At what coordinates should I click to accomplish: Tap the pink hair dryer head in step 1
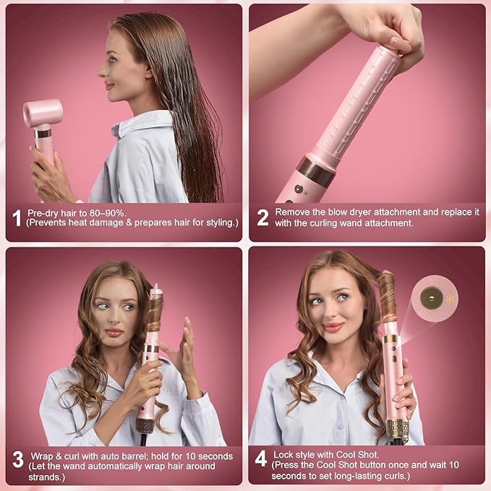[43, 114]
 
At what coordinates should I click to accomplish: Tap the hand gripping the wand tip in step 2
[390, 29]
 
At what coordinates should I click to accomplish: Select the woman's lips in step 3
[114, 332]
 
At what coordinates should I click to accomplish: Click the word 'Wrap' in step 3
[43, 456]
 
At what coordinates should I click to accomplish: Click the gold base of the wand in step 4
[397, 431]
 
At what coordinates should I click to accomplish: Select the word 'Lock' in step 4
[286, 453]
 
